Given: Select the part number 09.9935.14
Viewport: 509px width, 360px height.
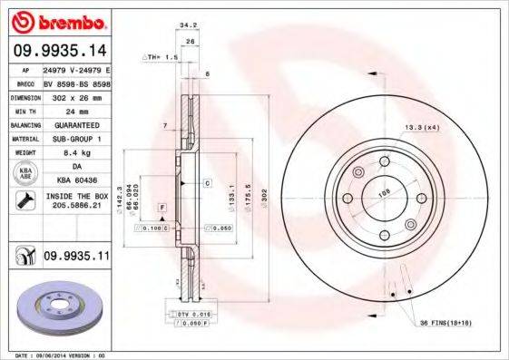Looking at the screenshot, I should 60,50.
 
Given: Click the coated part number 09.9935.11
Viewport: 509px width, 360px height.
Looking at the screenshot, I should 76,258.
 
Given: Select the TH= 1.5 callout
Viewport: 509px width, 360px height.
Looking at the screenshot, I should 160,56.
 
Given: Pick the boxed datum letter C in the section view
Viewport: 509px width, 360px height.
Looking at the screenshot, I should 207,183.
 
